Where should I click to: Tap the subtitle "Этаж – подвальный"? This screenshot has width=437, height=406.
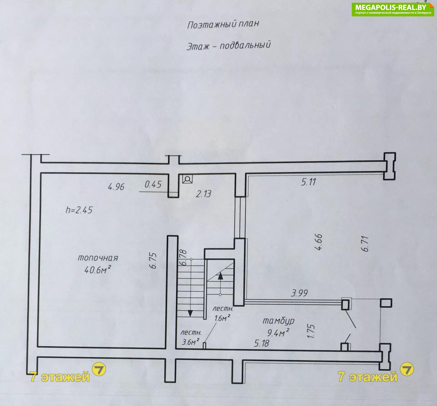(229, 45)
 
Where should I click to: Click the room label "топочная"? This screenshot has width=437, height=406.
(98, 258)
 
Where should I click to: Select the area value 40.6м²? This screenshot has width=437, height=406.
(98, 270)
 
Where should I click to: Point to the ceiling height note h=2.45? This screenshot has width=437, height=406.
(79, 210)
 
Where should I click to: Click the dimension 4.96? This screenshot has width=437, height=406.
(116, 187)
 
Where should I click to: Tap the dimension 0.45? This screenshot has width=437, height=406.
(153, 184)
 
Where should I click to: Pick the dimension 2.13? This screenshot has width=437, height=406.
(204, 194)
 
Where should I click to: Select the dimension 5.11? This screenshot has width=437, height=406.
(308, 182)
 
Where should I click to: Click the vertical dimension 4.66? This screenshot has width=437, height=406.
(318, 242)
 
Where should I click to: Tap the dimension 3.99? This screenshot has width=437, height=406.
(299, 293)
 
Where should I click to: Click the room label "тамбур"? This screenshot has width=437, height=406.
(278, 321)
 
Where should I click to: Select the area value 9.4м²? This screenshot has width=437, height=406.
(278, 333)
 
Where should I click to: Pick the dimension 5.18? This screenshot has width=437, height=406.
(261, 343)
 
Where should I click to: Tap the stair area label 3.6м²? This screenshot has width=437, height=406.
(190, 342)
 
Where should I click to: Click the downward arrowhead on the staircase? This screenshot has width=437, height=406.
(190, 313)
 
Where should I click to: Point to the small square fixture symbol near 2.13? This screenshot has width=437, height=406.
(187, 179)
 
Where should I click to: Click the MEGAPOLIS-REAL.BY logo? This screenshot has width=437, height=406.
(393, 9)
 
